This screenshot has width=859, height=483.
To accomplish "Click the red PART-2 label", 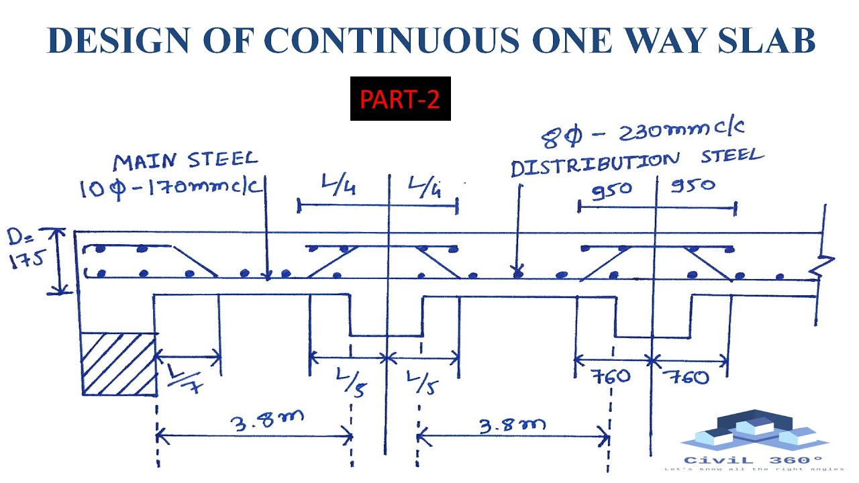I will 400,99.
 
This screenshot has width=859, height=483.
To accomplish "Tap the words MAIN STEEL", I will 185,161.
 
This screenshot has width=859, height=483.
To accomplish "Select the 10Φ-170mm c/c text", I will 170,187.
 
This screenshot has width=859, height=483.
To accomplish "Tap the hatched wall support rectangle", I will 119,363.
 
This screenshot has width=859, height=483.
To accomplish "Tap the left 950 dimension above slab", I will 611,189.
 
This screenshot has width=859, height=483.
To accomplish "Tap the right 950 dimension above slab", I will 693,184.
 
